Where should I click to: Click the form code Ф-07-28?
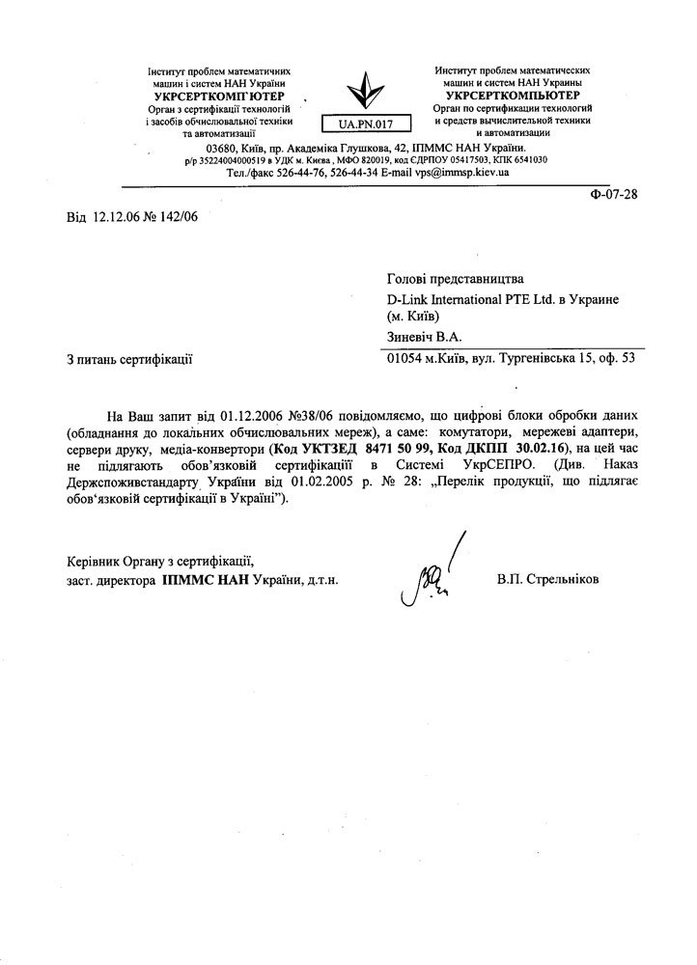[614, 194]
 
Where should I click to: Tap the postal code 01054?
[405, 359]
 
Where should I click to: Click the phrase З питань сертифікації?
[130, 360]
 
